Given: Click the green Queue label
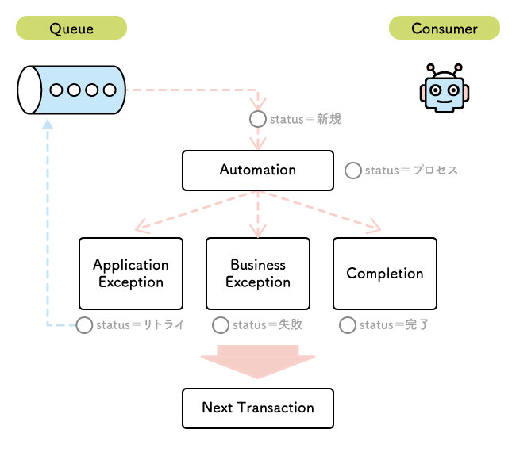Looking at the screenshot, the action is pos(71,28).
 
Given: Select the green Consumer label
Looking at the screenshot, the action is pos(445,28).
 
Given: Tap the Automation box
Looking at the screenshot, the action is pos(258,171).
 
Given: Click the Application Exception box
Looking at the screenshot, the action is pos(131,274).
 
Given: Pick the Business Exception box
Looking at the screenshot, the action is pos(258,274).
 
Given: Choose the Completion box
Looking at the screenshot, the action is pos(385,274).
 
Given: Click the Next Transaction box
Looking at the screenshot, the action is pos(258,408).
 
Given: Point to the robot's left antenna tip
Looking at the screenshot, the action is pos(430,67).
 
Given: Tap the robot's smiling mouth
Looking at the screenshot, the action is pos(445,101).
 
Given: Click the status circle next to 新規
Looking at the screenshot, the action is pos(258,119).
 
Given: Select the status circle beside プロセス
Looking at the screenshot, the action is pos(353,171).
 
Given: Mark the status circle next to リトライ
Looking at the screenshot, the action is pos(84,325).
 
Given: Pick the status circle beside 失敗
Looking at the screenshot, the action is pos(221,325).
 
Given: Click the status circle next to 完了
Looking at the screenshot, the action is pos(348,325).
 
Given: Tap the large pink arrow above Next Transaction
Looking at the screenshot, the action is pos(258,362).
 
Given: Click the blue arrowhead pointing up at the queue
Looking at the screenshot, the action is pos(48,125).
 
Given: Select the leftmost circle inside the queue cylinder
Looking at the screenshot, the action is pos(56,90).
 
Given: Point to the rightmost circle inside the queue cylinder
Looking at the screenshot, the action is pos(110,90).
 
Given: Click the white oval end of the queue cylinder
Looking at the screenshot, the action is pos(29,90).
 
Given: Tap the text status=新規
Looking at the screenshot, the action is pos(306,119).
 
